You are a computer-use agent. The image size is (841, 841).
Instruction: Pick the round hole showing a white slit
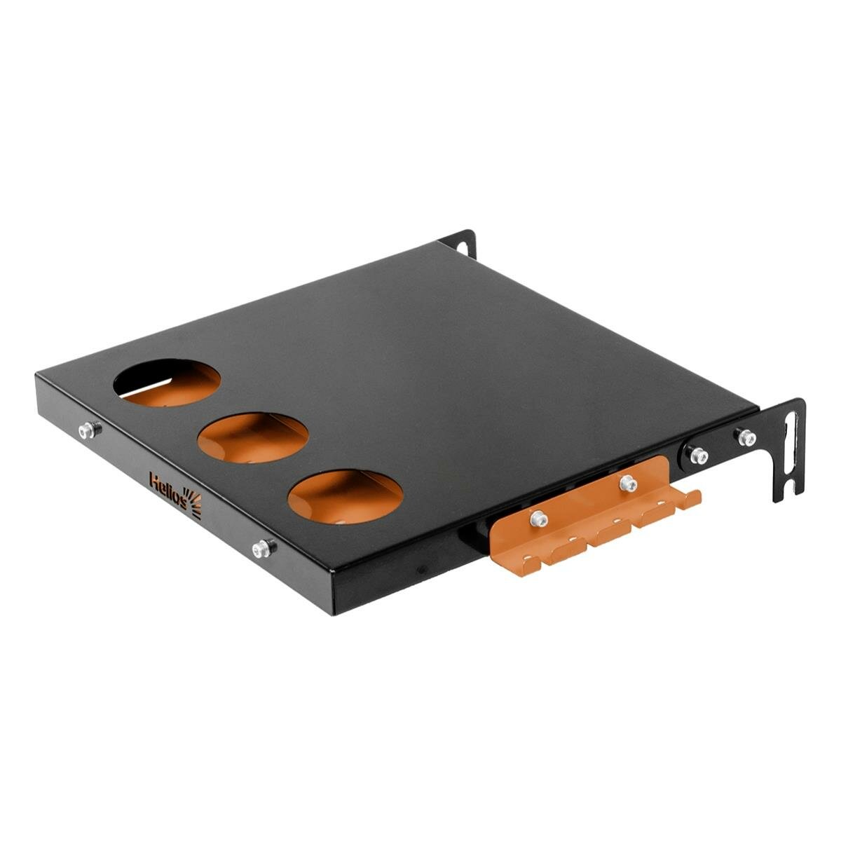tap(167, 382)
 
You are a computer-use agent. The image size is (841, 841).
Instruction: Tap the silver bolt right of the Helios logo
tap(264, 549)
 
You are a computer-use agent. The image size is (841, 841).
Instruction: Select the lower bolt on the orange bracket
tap(538, 519)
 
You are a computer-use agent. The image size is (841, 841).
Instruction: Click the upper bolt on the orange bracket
tap(627, 483)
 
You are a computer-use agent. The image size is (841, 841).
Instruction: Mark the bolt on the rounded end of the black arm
tap(697, 456)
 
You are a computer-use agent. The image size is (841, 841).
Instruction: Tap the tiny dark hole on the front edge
tap(421, 570)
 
